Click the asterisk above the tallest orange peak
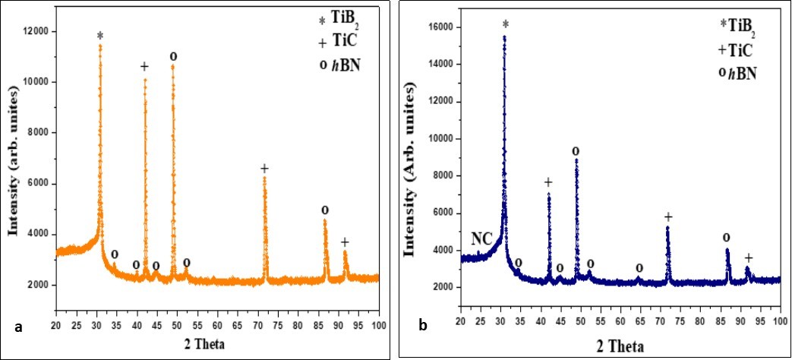pos(99,35)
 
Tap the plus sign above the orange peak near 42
pos(145,67)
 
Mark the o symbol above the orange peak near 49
pos(173,55)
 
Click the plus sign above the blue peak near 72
pos(668,217)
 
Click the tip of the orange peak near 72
pos(265,178)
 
